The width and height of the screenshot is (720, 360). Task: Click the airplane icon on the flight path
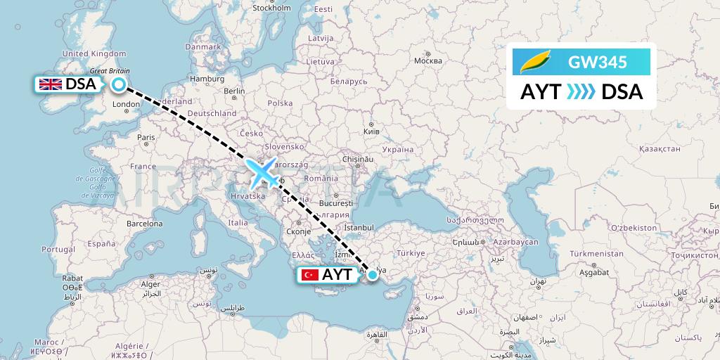(x=262, y=172)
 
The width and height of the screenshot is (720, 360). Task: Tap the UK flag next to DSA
(x=51, y=84)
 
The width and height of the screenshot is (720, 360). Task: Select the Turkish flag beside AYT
(x=309, y=275)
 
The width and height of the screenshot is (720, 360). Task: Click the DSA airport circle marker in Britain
(x=119, y=85)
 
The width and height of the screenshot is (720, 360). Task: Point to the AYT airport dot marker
(x=372, y=276)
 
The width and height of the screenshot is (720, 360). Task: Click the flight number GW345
(x=598, y=63)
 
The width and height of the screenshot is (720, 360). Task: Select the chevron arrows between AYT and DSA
(x=581, y=92)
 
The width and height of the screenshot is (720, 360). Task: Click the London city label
(x=127, y=105)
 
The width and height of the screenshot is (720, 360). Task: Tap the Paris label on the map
(x=146, y=137)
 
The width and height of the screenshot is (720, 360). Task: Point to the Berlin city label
(x=233, y=91)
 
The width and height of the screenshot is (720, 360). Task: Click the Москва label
(x=427, y=60)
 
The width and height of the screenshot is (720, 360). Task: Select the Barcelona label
(x=145, y=224)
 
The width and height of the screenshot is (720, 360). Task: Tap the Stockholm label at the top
(x=271, y=8)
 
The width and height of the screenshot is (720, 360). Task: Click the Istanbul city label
(x=359, y=228)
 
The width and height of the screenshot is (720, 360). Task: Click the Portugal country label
(x=58, y=249)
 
